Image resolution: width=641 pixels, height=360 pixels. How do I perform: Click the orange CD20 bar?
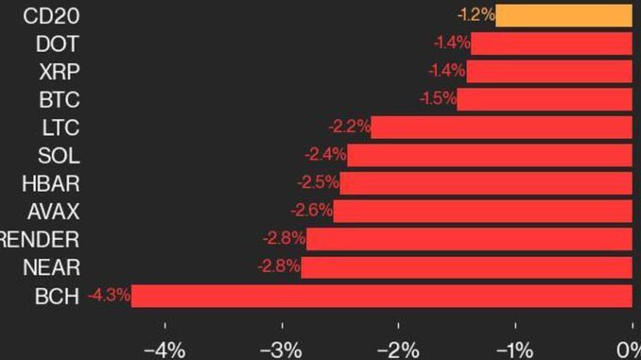coord(563,16)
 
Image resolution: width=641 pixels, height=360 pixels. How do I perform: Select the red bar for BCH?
coord(381,296)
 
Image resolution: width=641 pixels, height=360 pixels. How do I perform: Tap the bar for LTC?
coord(502,128)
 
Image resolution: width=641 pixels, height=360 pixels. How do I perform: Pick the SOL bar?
coord(490,155)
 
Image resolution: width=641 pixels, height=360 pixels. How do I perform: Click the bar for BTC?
coord(545,100)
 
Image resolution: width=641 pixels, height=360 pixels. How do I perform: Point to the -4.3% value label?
coord(109,295)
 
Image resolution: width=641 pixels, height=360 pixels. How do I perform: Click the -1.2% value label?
coord(476,15)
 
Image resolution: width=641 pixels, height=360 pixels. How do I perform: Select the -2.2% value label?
coord(350,127)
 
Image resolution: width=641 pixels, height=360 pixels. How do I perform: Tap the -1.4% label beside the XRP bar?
coord(447,71)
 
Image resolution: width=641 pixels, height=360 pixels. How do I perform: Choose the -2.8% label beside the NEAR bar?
coord(279,266)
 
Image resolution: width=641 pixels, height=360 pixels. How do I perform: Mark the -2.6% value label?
coord(311,211)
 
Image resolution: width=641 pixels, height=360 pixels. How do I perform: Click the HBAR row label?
coord(51,183)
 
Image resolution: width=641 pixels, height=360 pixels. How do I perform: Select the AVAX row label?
coord(54,212)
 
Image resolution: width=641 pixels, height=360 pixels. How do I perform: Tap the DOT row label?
coord(58,43)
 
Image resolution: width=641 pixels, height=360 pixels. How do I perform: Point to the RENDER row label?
coord(40,239)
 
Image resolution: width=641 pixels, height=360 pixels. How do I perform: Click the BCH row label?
coord(57,296)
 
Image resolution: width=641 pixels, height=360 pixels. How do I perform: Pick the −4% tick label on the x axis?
coord(165,351)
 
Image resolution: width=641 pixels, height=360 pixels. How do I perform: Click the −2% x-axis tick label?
coord(398,351)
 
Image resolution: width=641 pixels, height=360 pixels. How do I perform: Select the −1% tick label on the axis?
coord(514,351)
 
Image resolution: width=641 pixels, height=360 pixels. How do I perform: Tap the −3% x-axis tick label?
coord(281,351)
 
